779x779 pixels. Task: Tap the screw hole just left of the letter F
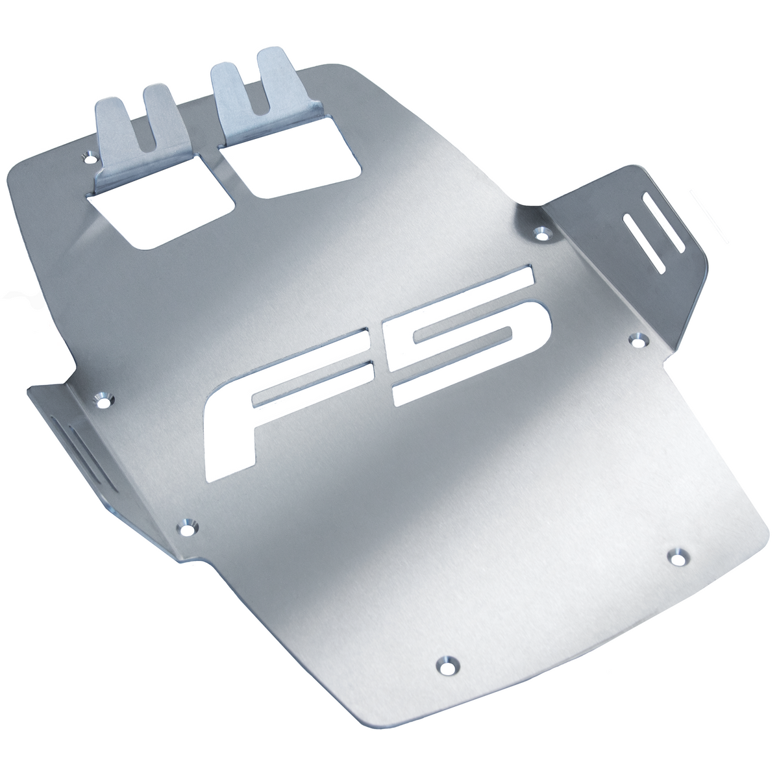point(105,399)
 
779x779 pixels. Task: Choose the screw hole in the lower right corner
point(678,556)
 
